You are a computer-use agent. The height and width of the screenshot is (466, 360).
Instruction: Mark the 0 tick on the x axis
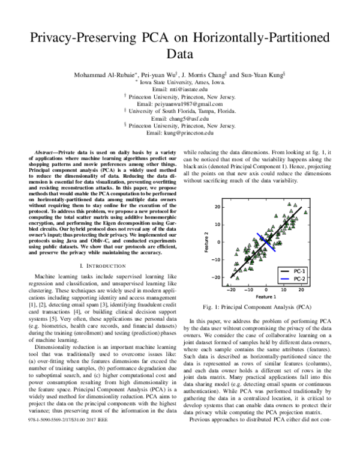[x=266, y=289]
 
